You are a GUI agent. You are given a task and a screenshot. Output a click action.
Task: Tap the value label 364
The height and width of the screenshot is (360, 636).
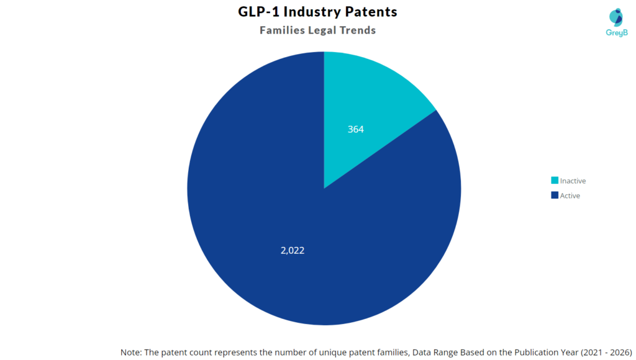(x=355, y=130)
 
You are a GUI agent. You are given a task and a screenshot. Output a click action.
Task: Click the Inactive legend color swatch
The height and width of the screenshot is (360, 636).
(x=554, y=181)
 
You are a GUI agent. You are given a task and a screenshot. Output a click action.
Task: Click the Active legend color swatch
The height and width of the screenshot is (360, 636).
(x=554, y=196)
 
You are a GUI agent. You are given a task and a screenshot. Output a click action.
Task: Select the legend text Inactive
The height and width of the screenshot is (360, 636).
(x=573, y=181)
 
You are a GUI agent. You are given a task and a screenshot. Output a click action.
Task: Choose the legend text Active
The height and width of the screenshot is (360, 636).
(x=570, y=196)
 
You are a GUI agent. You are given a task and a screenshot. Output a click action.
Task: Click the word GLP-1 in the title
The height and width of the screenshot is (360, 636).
(x=259, y=11)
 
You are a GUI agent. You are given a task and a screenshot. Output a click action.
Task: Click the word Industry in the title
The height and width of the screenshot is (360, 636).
(x=312, y=11)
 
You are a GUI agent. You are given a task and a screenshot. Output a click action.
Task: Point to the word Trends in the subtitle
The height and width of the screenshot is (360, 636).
(x=356, y=30)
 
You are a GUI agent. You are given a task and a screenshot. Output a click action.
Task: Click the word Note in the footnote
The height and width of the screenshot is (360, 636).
(x=130, y=352)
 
